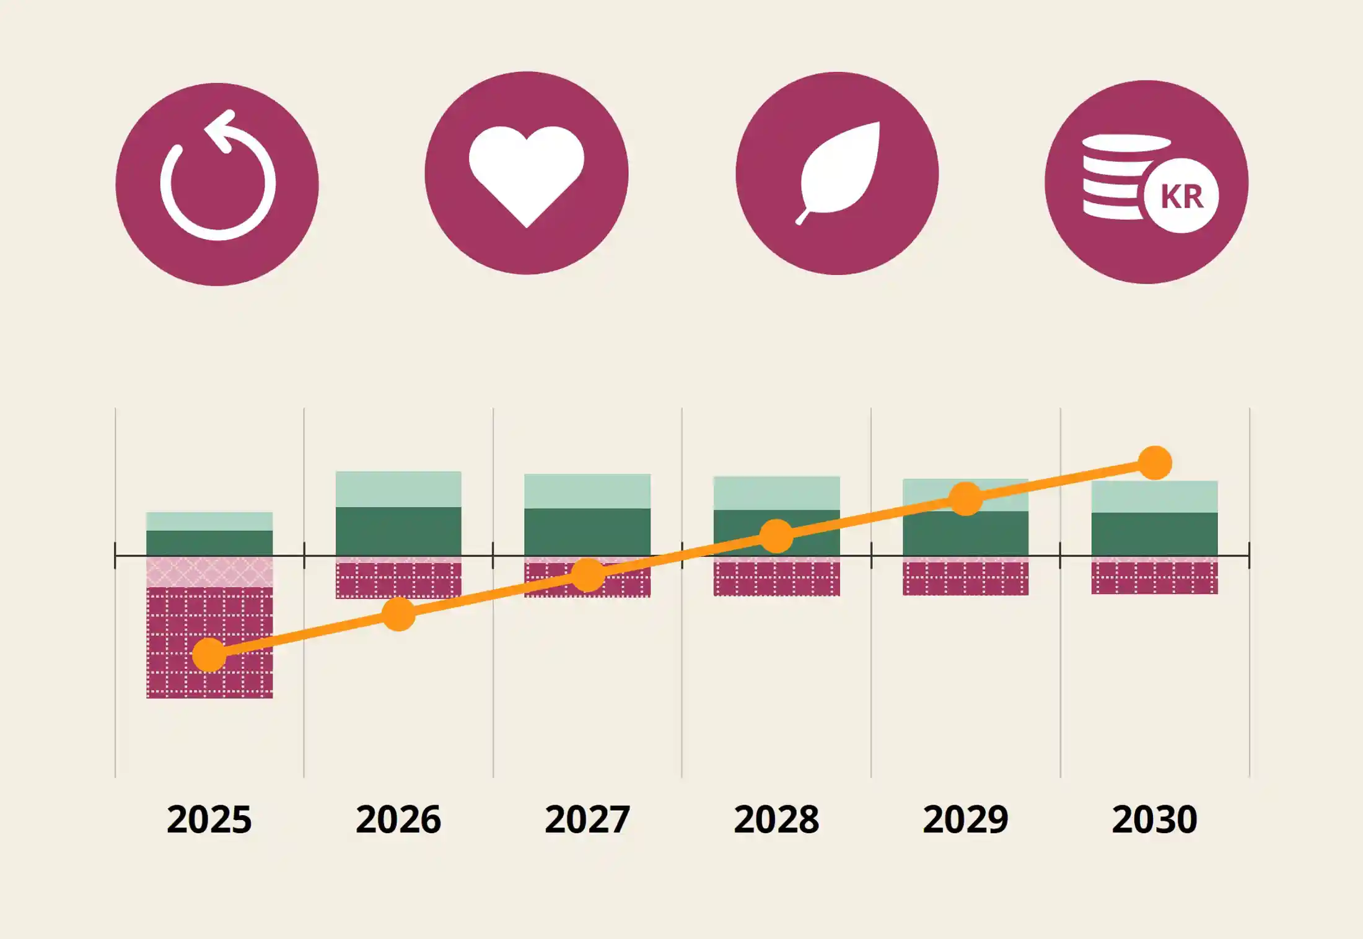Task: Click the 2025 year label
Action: click(x=209, y=819)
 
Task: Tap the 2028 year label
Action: click(x=776, y=819)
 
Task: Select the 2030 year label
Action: click(x=1154, y=819)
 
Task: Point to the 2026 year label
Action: click(x=398, y=819)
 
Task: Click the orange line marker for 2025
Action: click(x=209, y=655)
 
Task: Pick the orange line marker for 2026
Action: click(x=398, y=614)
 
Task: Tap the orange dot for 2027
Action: click(x=587, y=575)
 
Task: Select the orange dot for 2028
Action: click(x=776, y=536)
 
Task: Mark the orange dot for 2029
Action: click(x=965, y=499)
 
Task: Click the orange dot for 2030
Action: click(x=1155, y=463)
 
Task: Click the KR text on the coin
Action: click(x=1181, y=197)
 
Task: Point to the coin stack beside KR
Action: click(x=1112, y=177)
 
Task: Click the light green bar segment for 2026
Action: click(x=398, y=489)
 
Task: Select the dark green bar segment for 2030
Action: click(x=1154, y=534)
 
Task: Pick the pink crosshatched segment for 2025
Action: click(x=209, y=572)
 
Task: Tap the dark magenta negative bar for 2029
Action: click(x=965, y=579)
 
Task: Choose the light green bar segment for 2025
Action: click(x=209, y=521)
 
